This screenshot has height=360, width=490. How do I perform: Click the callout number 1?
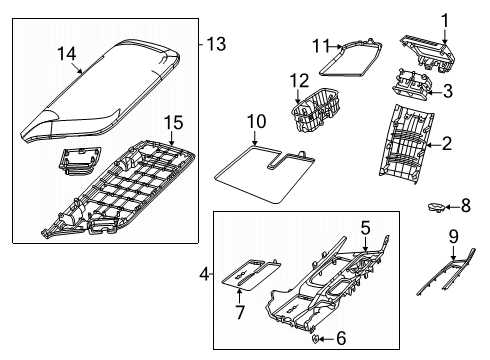[446, 18]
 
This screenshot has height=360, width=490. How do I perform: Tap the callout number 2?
[446, 145]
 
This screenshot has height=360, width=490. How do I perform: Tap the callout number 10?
[255, 121]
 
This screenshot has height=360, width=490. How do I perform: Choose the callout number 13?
[214, 43]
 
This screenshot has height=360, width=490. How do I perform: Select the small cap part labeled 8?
[436, 206]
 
